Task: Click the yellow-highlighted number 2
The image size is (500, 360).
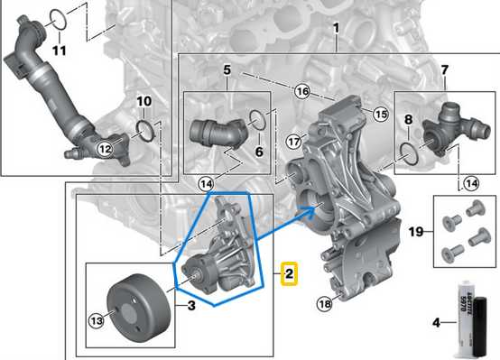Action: (288, 273)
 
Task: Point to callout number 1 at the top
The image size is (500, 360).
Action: (336, 30)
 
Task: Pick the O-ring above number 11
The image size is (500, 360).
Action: (57, 17)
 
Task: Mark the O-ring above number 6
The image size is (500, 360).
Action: (256, 118)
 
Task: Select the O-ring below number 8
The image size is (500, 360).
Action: (408, 152)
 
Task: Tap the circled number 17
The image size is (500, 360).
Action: (293, 143)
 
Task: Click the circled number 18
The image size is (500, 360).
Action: (325, 305)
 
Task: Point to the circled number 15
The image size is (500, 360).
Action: (380, 115)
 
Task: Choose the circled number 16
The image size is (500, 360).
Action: (302, 91)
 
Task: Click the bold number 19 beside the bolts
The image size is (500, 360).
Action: (416, 233)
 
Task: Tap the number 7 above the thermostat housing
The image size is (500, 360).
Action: (444, 70)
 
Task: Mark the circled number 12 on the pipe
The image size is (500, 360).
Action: (105, 148)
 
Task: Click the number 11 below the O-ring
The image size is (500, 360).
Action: (59, 50)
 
